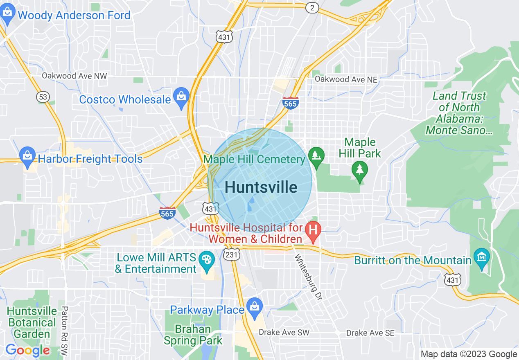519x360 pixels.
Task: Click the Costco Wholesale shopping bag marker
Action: tap(181, 98)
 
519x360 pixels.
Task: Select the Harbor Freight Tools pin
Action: tap(27, 157)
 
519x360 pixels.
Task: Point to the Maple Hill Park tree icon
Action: tap(359, 170)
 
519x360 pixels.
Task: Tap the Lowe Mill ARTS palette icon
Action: tap(207, 261)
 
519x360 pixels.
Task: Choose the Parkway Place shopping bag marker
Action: tap(254, 308)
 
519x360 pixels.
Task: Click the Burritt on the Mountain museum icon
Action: tap(481, 258)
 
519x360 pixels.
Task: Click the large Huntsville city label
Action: tap(261, 187)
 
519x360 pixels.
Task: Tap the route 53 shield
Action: tap(43, 97)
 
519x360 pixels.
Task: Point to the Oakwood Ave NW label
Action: tap(74, 76)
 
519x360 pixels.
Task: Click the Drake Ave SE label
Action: tap(370, 333)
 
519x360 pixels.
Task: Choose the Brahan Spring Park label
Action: tap(193, 335)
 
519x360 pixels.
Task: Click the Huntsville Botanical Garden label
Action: tap(32, 322)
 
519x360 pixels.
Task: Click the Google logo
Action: tap(27, 350)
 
